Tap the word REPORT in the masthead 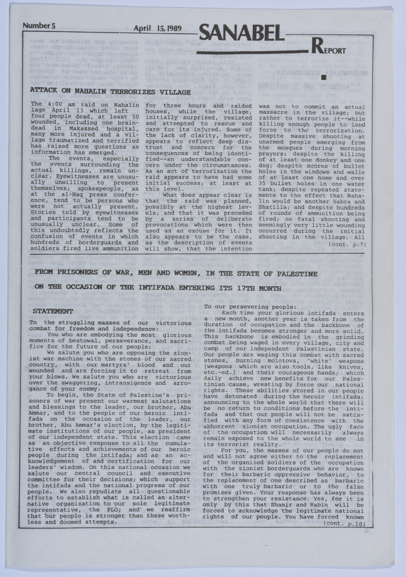pyautogui.click(x=329, y=49)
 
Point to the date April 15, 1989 pyautogui.click(x=158, y=28)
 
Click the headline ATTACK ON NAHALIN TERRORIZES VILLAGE pyautogui.click(x=110, y=92)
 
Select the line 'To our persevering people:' pyautogui.click(x=250, y=306)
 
